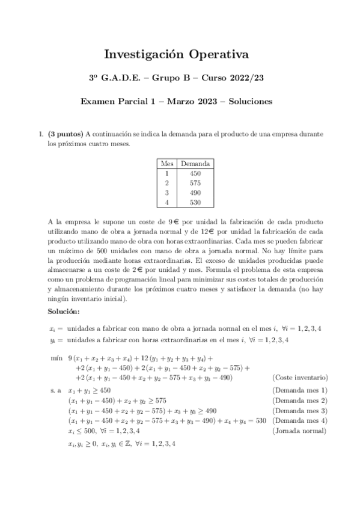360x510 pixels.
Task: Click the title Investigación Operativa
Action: coord(177,55)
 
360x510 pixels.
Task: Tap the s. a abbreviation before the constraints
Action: coord(56,390)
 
